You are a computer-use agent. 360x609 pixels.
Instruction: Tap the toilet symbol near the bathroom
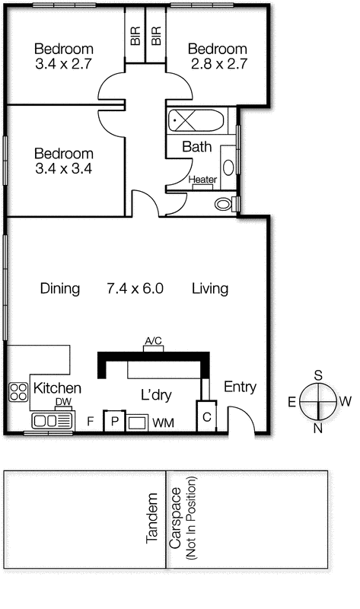pos(225,204)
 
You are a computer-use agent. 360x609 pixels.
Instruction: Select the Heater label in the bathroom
pos(202,180)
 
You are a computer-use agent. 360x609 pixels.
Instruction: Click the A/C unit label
pos(153,340)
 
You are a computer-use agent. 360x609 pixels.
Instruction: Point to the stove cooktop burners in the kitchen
pos(18,391)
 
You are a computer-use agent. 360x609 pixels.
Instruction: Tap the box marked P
pos(114,420)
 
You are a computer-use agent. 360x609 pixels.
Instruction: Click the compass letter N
pos(317,428)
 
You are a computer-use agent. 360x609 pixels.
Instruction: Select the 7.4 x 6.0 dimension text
pos(135,289)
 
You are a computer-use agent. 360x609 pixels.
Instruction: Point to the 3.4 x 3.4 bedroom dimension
pos(63,169)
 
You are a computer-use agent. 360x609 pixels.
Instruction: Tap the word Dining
pos(59,289)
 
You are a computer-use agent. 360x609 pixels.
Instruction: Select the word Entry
pos(240,387)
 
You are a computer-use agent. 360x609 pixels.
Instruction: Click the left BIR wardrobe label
pos(135,37)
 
